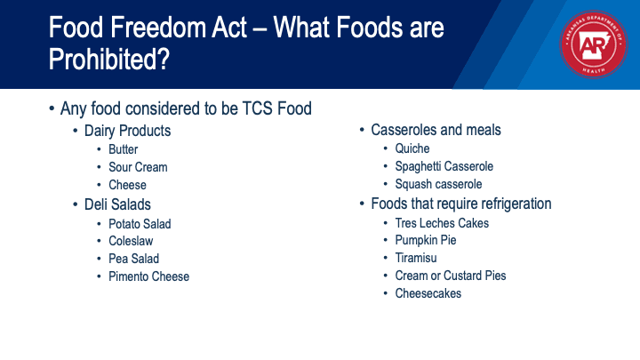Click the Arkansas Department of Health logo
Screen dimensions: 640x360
click(x=594, y=44)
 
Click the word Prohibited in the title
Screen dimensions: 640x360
click(x=109, y=60)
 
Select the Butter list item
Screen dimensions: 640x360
click(x=124, y=149)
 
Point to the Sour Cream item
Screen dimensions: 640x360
click(x=138, y=167)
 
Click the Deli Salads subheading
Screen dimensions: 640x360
click(x=117, y=204)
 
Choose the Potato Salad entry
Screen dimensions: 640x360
click(x=140, y=224)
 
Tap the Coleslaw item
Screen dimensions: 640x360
click(x=131, y=241)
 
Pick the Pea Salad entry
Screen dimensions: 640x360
click(x=134, y=259)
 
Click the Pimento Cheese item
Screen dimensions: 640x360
click(x=149, y=276)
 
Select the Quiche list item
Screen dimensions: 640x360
click(x=412, y=148)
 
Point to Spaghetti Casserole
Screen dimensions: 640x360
click(x=444, y=166)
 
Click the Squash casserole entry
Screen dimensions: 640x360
click(x=438, y=184)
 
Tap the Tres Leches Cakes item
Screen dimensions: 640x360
click(x=442, y=223)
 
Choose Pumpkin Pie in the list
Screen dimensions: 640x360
click(x=426, y=240)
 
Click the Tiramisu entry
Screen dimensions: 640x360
click(x=416, y=258)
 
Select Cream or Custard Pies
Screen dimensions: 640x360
click(x=451, y=276)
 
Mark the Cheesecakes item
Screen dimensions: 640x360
click(x=428, y=293)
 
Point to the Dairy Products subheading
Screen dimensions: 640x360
click(x=127, y=131)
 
